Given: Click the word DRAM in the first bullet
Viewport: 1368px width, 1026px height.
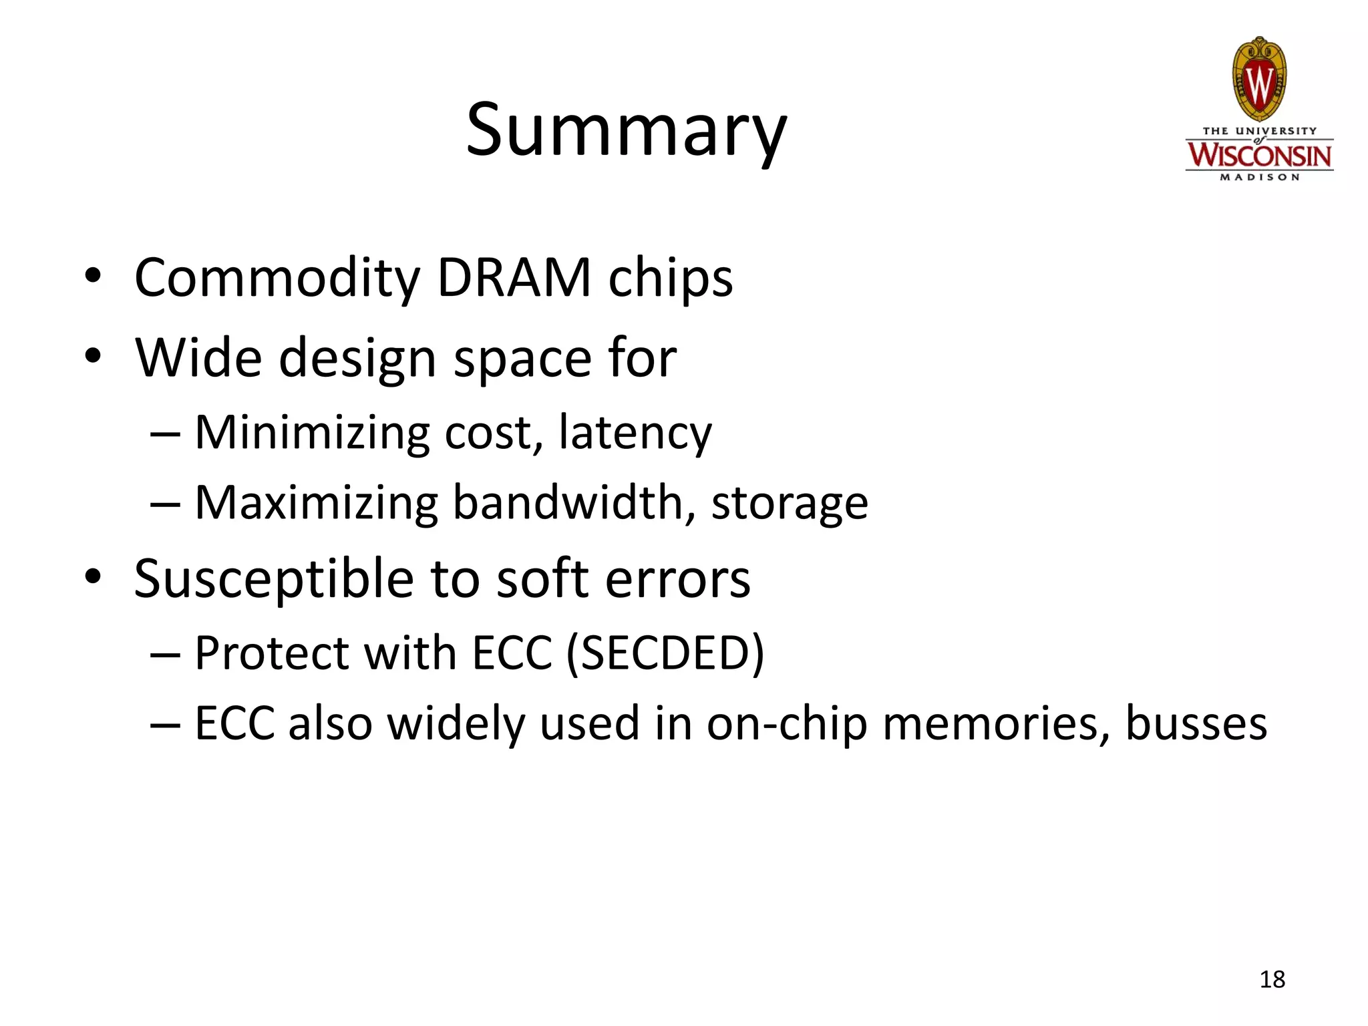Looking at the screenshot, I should [514, 277].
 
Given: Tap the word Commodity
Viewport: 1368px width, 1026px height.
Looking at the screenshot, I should [277, 279].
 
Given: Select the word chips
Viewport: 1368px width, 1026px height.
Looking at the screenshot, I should [670, 279].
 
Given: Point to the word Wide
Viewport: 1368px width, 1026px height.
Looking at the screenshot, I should [198, 358].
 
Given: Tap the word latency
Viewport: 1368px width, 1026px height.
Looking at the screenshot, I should [635, 434].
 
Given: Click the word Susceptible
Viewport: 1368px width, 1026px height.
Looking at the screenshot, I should [273, 579].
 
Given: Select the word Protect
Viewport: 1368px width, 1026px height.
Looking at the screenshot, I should [271, 653].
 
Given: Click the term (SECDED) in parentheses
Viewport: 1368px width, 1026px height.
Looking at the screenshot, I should [665, 653].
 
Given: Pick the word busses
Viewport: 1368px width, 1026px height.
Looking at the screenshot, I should [1196, 723].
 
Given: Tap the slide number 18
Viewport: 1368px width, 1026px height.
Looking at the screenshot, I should [1272, 979].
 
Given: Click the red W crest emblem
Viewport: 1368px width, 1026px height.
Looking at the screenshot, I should [1259, 80].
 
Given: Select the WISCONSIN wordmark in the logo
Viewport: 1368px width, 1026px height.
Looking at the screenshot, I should [1259, 156].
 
